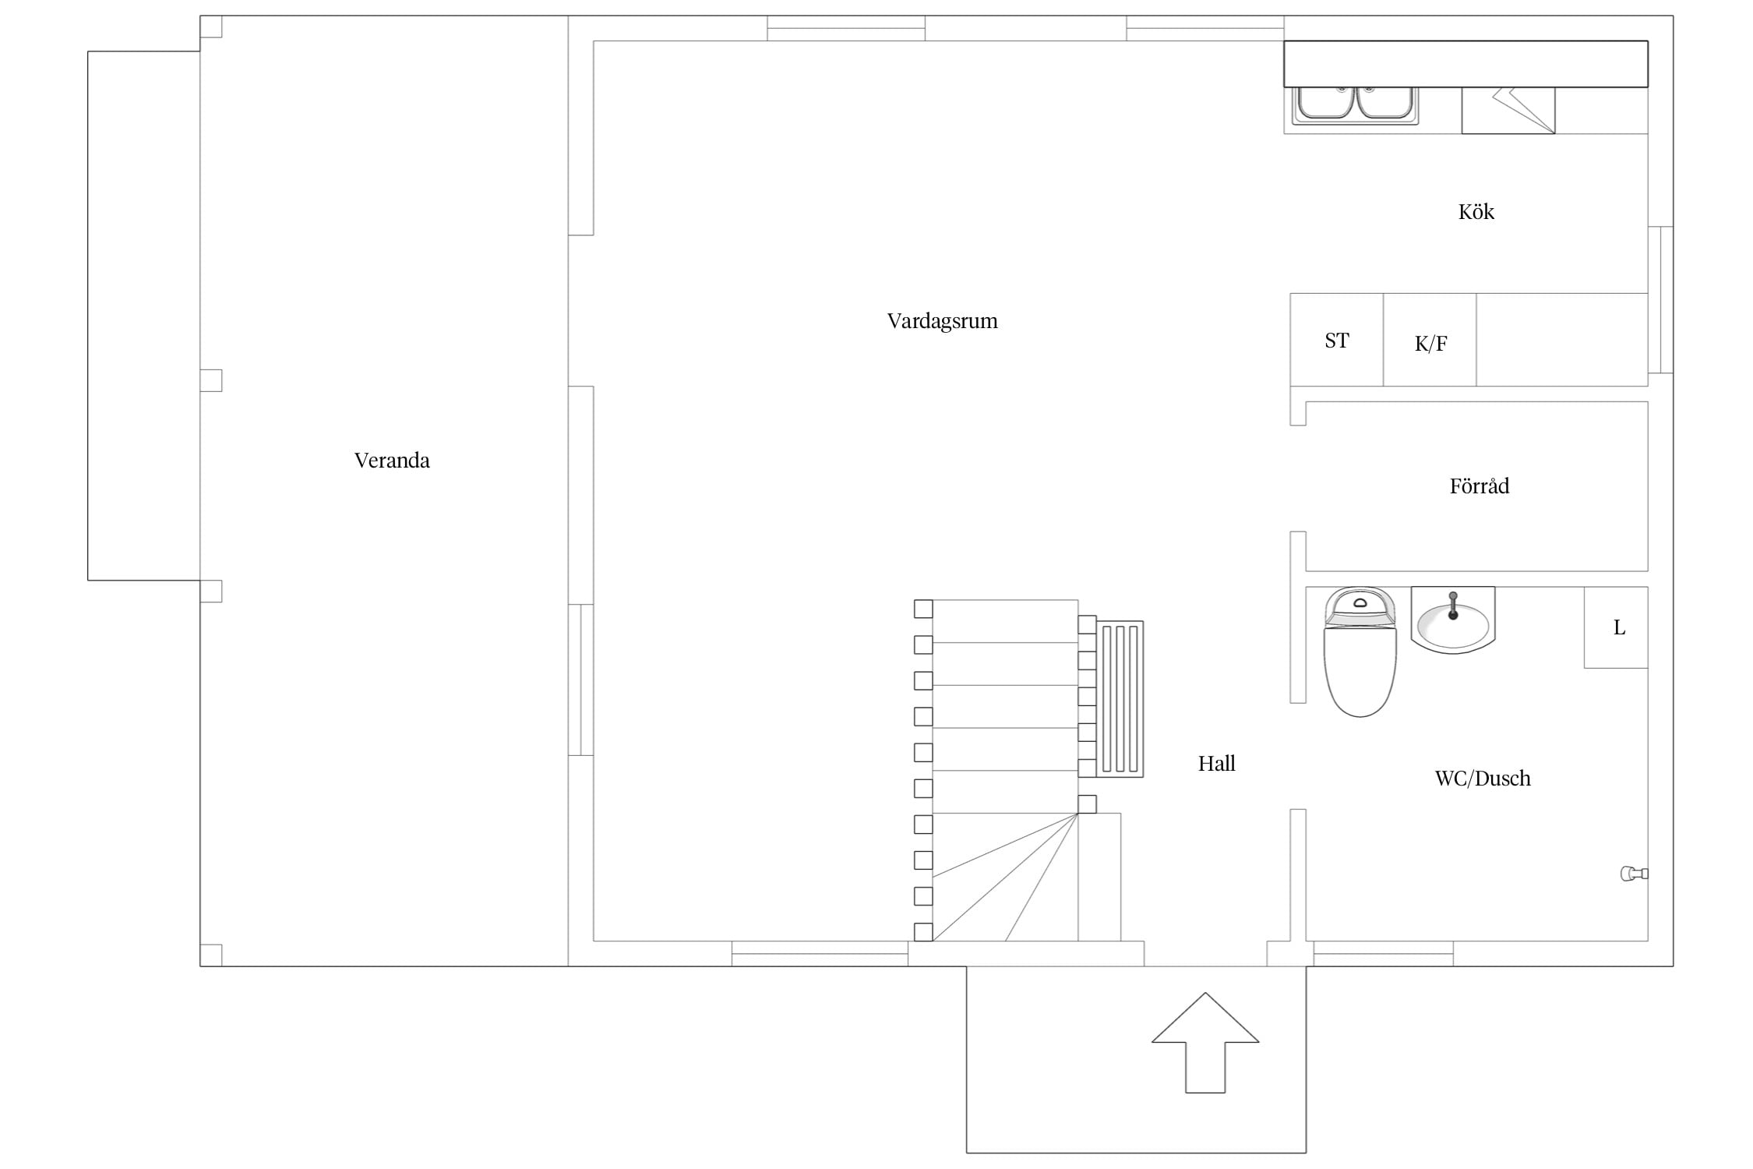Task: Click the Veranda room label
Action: pyautogui.click(x=392, y=461)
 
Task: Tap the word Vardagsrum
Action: pyautogui.click(x=942, y=321)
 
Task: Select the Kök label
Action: pyautogui.click(x=1476, y=212)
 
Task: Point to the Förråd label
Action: pyautogui.click(x=1479, y=486)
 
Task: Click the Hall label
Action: pyautogui.click(x=1216, y=764)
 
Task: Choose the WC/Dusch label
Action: pyautogui.click(x=1482, y=779)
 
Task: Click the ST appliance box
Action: pyautogui.click(x=1336, y=340)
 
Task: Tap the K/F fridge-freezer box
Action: pyautogui.click(x=1430, y=340)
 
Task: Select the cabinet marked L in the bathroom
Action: pyautogui.click(x=1616, y=627)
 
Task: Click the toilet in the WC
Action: pyautogui.click(x=1360, y=652)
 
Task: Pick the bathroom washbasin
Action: pyautogui.click(x=1453, y=620)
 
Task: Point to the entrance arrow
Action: pyautogui.click(x=1205, y=1042)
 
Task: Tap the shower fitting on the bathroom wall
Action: pyautogui.click(x=1635, y=874)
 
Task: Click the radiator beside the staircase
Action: pyautogui.click(x=1120, y=699)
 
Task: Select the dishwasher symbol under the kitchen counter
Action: pyautogui.click(x=1508, y=110)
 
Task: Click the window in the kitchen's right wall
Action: pyautogui.click(x=1660, y=300)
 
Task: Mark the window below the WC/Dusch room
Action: pyautogui.click(x=1384, y=954)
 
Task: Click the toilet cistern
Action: pyautogui.click(x=1360, y=607)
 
